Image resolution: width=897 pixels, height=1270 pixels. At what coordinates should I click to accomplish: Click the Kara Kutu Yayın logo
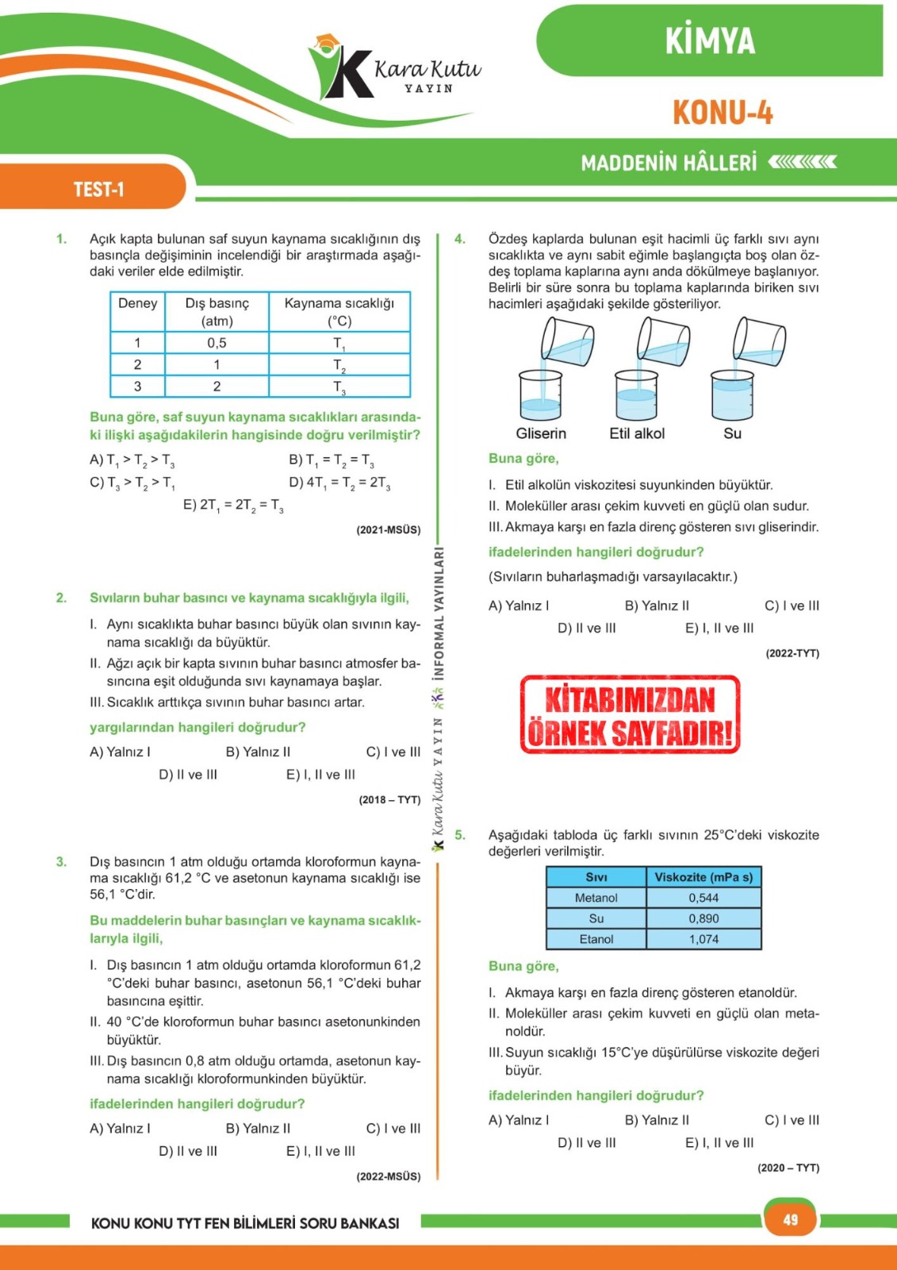click(x=394, y=70)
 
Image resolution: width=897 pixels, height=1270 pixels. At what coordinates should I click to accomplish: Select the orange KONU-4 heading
click(x=723, y=113)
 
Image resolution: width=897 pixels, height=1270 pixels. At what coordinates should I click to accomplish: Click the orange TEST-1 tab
click(x=99, y=189)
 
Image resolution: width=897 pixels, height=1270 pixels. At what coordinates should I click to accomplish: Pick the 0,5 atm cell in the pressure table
click(x=217, y=343)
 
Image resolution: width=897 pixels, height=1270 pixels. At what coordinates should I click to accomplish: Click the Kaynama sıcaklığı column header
click(x=339, y=312)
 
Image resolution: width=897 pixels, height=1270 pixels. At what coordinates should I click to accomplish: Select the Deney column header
click(x=137, y=303)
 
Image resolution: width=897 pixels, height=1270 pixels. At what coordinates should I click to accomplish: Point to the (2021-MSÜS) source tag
click(x=389, y=529)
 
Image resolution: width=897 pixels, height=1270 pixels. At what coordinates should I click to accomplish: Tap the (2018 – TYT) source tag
click(x=389, y=799)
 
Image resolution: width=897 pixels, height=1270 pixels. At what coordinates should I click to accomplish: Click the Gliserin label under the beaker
click(x=541, y=433)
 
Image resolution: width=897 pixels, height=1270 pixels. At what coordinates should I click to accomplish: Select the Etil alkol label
click(x=637, y=433)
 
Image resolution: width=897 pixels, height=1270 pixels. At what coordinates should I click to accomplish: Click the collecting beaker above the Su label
click(x=732, y=395)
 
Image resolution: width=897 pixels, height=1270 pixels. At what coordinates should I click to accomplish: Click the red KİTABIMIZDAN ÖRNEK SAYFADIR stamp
click(x=630, y=714)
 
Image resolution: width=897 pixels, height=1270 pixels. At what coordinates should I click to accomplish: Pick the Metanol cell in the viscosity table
click(x=596, y=898)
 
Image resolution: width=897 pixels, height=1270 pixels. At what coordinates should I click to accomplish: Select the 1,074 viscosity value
click(x=703, y=939)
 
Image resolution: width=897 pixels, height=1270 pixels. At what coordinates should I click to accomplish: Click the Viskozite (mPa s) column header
click(x=703, y=877)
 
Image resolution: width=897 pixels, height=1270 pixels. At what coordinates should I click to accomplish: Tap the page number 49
click(x=791, y=1219)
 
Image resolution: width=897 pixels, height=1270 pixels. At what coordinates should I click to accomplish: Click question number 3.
click(x=61, y=862)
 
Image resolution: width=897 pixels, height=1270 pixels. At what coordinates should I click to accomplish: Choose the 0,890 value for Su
click(x=703, y=918)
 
